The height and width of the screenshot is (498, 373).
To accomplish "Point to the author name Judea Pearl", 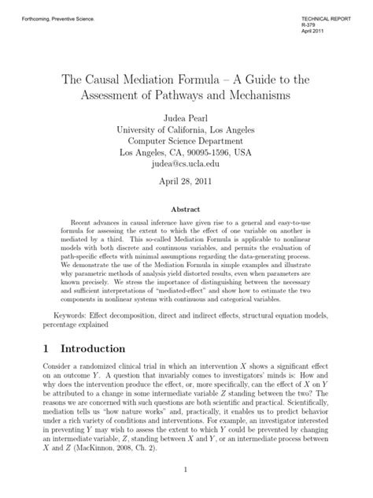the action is point(186,116).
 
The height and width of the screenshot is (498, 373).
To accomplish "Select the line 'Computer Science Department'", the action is point(186,141).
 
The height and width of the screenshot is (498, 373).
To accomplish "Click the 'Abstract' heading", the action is point(186,211).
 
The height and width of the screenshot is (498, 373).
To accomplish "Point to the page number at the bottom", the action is point(186,470).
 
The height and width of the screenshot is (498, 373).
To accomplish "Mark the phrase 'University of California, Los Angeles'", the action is point(186,128).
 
